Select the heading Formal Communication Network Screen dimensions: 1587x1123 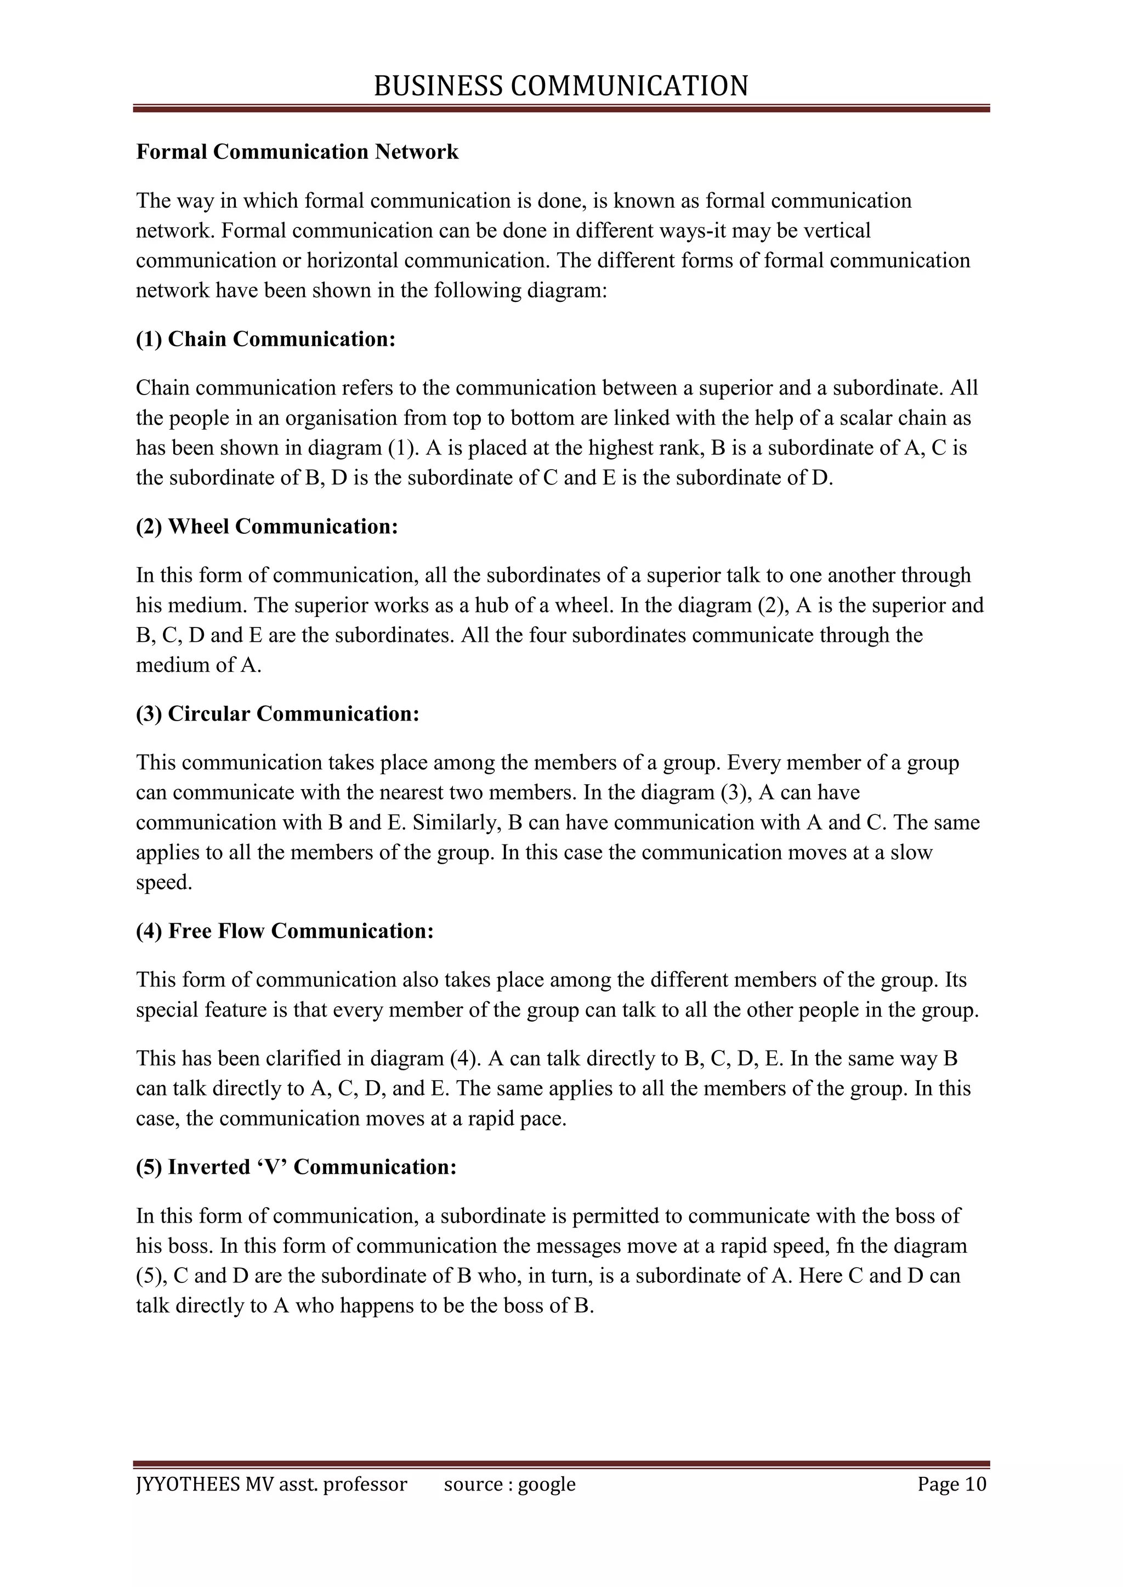pos(297,151)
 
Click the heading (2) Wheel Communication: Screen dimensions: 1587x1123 pos(267,526)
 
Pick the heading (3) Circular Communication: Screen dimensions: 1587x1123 pos(277,713)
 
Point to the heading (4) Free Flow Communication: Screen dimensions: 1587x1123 pos(285,930)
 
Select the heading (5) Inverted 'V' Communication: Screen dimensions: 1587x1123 pos(296,1167)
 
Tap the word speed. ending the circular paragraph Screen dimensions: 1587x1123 pos(163,883)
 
